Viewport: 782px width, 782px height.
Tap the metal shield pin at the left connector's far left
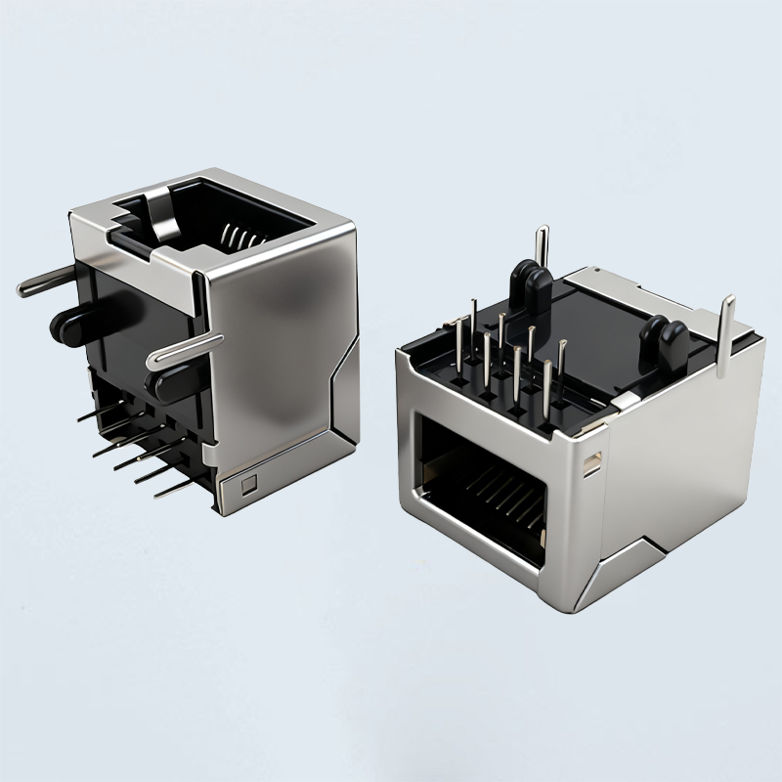coord(44,282)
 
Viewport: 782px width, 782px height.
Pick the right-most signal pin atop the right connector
coord(562,366)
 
